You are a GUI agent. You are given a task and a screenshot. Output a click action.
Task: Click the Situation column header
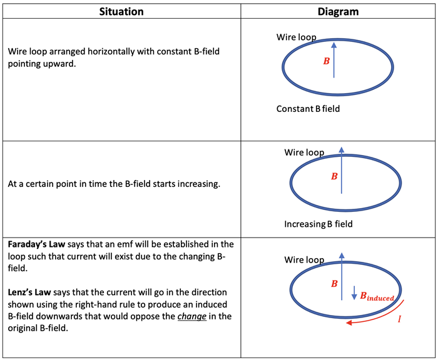pyautogui.click(x=121, y=12)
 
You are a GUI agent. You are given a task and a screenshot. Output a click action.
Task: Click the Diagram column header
pyautogui.click(x=338, y=12)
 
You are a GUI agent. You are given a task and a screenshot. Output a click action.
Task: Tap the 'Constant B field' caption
pyautogui.click(x=308, y=109)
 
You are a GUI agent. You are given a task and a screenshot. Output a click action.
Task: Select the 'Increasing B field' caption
pyautogui.click(x=318, y=224)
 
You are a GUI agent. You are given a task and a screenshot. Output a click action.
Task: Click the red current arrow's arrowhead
pyautogui.click(x=349, y=322)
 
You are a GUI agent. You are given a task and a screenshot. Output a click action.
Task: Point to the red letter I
pyautogui.click(x=399, y=319)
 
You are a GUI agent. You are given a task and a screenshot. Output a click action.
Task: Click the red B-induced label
pyautogui.click(x=377, y=296)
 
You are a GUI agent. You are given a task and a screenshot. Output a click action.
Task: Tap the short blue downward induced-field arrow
pyautogui.click(x=354, y=292)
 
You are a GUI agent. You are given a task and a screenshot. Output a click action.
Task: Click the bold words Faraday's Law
pyautogui.click(x=36, y=244)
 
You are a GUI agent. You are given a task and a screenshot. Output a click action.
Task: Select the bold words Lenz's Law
pyautogui.click(x=29, y=292)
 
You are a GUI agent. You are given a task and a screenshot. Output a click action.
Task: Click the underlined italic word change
pyautogui.click(x=192, y=316)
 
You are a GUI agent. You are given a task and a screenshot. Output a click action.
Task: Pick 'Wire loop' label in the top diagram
pyautogui.click(x=296, y=37)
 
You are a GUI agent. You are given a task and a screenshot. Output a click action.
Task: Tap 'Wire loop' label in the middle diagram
pyautogui.click(x=304, y=152)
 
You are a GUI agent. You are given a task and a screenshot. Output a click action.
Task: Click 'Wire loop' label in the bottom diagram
pyautogui.click(x=304, y=260)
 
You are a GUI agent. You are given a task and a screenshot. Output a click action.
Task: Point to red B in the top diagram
pyautogui.click(x=326, y=61)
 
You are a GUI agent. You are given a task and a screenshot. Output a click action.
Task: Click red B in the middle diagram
pyautogui.click(x=334, y=176)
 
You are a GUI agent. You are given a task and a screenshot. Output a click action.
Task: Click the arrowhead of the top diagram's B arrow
pyautogui.click(x=334, y=45)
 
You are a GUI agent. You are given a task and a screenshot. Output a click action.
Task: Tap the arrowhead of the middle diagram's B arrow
pyautogui.click(x=342, y=150)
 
